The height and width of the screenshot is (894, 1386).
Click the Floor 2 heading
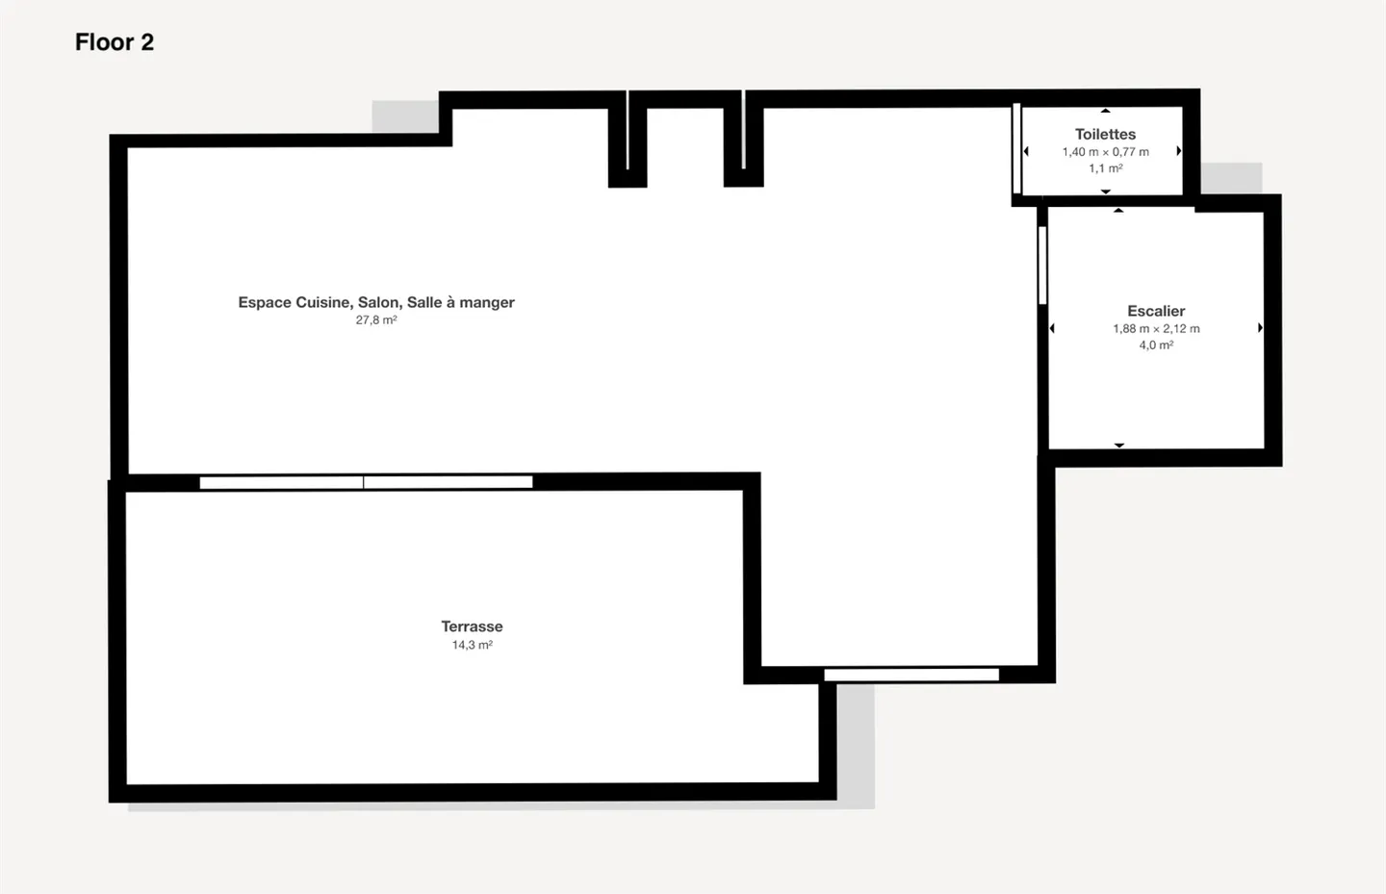(x=115, y=42)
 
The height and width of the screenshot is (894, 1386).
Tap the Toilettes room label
(x=1105, y=135)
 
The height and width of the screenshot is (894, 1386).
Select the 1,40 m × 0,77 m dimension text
(x=1105, y=152)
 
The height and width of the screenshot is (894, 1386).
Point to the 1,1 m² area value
(x=1105, y=168)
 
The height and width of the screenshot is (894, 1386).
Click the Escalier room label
(x=1156, y=311)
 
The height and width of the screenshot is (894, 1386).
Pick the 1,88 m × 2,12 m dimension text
(x=1156, y=329)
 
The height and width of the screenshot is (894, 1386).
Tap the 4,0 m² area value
(x=1156, y=345)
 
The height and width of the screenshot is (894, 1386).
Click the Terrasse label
(x=472, y=626)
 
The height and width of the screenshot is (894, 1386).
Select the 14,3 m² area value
(x=472, y=645)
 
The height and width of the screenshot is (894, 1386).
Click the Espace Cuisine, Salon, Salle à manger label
(x=376, y=302)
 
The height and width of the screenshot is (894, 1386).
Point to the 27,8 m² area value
(x=376, y=320)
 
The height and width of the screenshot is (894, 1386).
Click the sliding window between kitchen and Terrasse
(x=366, y=482)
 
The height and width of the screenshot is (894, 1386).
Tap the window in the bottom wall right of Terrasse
(x=911, y=675)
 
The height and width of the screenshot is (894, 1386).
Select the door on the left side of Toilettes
(x=1016, y=149)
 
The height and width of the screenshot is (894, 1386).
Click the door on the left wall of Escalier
(x=1042, y=265)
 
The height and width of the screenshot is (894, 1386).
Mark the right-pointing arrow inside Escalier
(x=1260, y=328)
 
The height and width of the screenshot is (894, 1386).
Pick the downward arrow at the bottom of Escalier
(x=1119, y=446)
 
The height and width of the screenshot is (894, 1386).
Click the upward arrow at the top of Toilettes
(x=1106, y=111)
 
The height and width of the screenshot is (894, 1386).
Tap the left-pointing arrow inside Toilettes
(x=1026, y=151)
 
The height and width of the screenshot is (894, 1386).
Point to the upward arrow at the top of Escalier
(x=1118, y=210)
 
